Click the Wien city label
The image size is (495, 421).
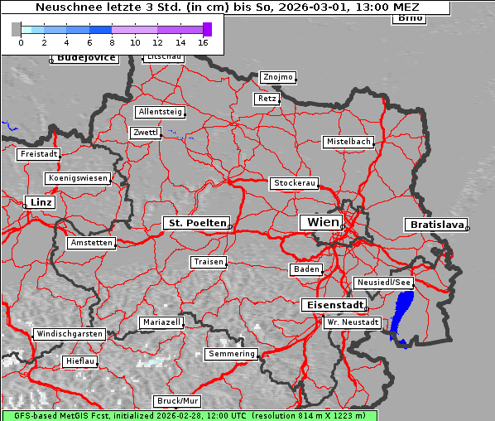pos(323,222)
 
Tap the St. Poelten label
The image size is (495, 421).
pos(196,223)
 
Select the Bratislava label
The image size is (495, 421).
pos(435,225)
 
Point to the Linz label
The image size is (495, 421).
pos(39,202)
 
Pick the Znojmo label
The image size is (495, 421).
pos(277,77)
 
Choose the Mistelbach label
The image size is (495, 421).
pos(348,142)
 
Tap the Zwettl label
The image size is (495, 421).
pos(145,133)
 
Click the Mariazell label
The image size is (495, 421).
pos(161,322)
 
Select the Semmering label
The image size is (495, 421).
pos(232,354)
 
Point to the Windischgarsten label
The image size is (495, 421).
pos(69,334)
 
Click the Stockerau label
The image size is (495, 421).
pos(294,183)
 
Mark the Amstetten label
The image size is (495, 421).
pos(91,243)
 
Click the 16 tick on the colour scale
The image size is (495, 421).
pos(203,41)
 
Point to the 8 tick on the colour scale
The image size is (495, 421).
pos(112,41)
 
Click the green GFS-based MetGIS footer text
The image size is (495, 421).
pos(188,415)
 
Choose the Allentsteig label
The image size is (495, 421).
pos(161,112)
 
